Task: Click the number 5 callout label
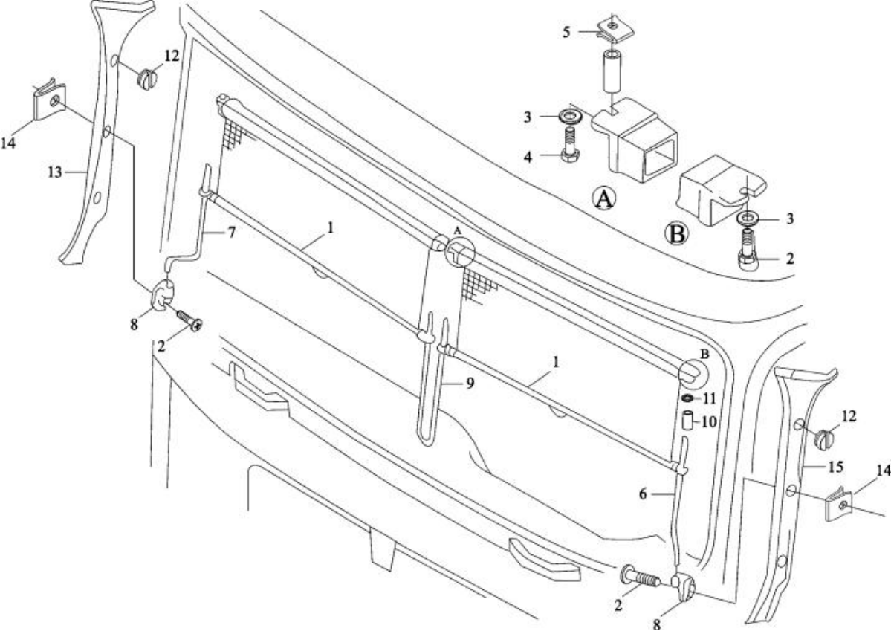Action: tap(566, 33)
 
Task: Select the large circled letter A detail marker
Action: tap(604, 198)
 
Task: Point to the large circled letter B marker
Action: tap(676, 233)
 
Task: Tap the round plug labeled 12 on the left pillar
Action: tap(148, 77)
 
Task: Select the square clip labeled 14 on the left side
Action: tap(48, 102)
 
